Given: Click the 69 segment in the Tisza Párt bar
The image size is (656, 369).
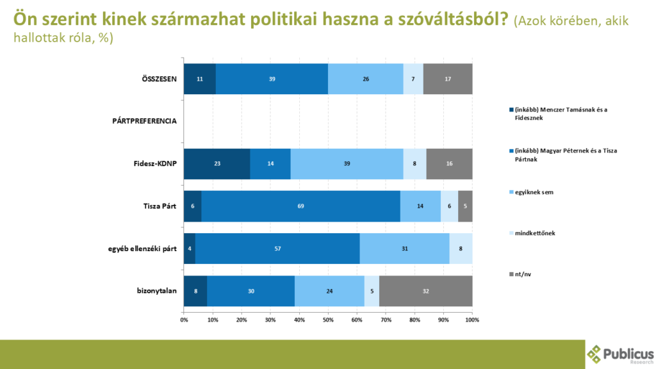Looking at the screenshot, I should point(300,206).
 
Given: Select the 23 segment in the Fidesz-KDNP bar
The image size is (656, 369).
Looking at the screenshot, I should point(217,164).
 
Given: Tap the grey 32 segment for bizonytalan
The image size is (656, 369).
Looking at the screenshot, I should point(425,291).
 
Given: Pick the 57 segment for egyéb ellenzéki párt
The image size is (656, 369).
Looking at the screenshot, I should point(277,249).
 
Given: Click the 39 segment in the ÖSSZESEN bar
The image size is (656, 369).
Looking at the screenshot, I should point(272,79).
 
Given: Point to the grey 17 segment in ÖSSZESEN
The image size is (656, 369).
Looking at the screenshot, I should point(448,79).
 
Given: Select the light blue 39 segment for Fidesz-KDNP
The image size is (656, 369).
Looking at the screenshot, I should point(347,164).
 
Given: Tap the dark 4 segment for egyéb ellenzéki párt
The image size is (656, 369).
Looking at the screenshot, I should point(189,249).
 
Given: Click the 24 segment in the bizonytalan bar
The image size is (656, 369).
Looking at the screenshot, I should point(329,291).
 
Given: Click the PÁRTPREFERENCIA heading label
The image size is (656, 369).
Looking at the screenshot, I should point(140,121).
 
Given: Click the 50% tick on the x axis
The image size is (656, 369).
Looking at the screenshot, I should point(328,319).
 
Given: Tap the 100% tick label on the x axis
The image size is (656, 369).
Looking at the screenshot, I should point(472,319).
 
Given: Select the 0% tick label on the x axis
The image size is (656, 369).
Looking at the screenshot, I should point(184,319).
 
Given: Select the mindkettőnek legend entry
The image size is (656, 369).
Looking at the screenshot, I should point(532,233).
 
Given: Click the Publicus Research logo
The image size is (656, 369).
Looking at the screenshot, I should point(619,354).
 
